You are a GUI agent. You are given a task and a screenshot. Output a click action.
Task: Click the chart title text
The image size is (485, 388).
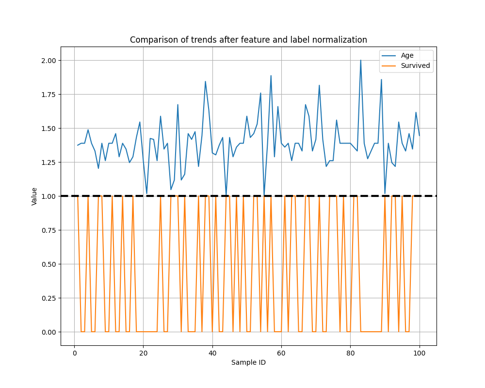click(x=248, y=40)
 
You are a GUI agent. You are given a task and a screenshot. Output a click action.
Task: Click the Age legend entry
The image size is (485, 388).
click(x=407, y=55)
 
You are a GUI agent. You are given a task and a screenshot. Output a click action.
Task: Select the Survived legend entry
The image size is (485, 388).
click(x=415, y=66)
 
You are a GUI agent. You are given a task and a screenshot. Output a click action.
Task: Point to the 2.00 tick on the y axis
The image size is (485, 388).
click(x=49, y=61)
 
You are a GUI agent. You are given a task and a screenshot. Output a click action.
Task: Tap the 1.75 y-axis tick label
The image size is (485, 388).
click(x=49, y=95)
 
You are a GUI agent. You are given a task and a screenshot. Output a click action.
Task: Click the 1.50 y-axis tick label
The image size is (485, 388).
click(x=49, y=129)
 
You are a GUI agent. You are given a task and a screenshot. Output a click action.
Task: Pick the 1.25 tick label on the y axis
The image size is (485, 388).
click(x=49, y=162)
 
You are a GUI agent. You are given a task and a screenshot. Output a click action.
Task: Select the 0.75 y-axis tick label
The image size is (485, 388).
click(x=49, y=230)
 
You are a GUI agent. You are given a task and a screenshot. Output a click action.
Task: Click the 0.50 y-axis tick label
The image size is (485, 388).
click(x=49, y=264)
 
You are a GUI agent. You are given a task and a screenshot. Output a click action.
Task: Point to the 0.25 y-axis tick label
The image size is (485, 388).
click(x=49, y=298)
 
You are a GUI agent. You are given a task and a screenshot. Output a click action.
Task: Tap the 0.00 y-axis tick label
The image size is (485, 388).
click(x=49, y=332)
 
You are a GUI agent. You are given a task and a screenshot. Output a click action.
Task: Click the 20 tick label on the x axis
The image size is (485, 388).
click(x=143, y=353)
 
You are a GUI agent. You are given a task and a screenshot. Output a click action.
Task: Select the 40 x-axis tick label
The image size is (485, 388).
click(x=212, y=353)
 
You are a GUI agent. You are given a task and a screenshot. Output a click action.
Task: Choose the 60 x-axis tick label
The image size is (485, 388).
click(x=281, y=353)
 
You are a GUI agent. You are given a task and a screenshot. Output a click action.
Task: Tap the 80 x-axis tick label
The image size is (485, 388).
click(x=350, y=353)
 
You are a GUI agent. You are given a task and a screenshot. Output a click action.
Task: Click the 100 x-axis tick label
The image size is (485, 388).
click(x=420, y=353)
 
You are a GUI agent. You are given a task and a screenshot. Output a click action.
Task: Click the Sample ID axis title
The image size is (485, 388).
click(x=248, y=363)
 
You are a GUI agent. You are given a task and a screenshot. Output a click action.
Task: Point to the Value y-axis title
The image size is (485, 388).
click(x=34, y=196)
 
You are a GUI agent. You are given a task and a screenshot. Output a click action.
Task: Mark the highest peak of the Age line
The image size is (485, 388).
click(x=360, y=61)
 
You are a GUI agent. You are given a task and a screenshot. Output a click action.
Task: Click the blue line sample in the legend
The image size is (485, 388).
click(x=389, y=55)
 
